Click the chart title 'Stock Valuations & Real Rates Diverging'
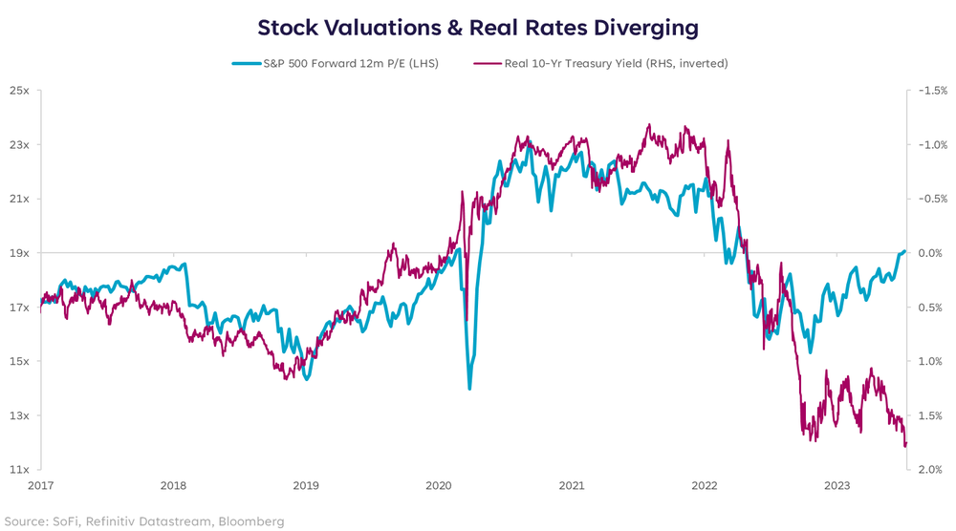point(478,26)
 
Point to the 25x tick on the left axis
point(20,91)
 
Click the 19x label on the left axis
point(20,253)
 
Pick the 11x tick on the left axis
point(20,470)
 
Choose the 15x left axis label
point(20,362)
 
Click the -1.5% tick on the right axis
point(932,91)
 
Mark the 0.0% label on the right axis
point(931,253)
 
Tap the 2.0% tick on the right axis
point(931,470)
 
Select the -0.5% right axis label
point(932,199)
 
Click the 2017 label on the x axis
point(40,486)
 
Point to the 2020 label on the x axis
point(439,486)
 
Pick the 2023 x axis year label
point(837,486)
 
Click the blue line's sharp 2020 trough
point(469,388)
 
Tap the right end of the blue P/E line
point(904,251)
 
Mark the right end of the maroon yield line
point(905,445)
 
